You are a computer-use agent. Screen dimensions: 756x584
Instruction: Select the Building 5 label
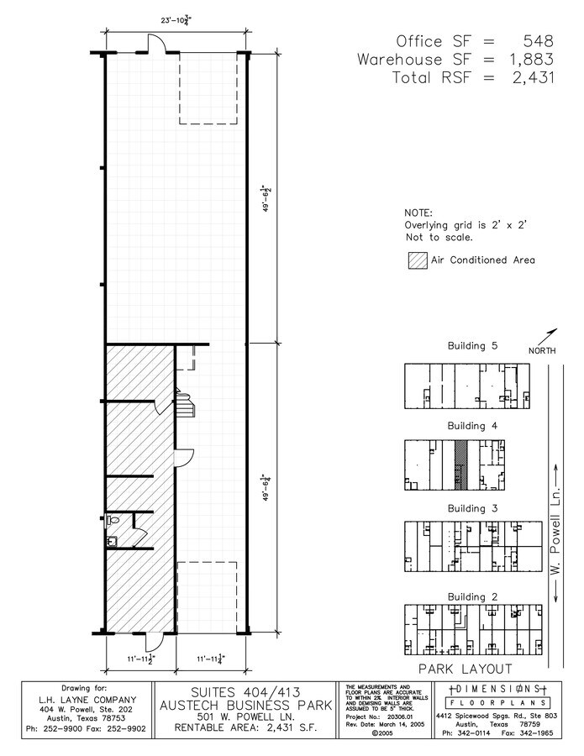coord(472,346)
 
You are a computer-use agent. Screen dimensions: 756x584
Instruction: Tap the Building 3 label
coord(472,508)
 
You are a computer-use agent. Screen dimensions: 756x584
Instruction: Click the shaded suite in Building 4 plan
coord(460,465)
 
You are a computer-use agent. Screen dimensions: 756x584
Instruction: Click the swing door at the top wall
coord(156,45)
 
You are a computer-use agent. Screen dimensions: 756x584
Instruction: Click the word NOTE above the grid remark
coord(418,213)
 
